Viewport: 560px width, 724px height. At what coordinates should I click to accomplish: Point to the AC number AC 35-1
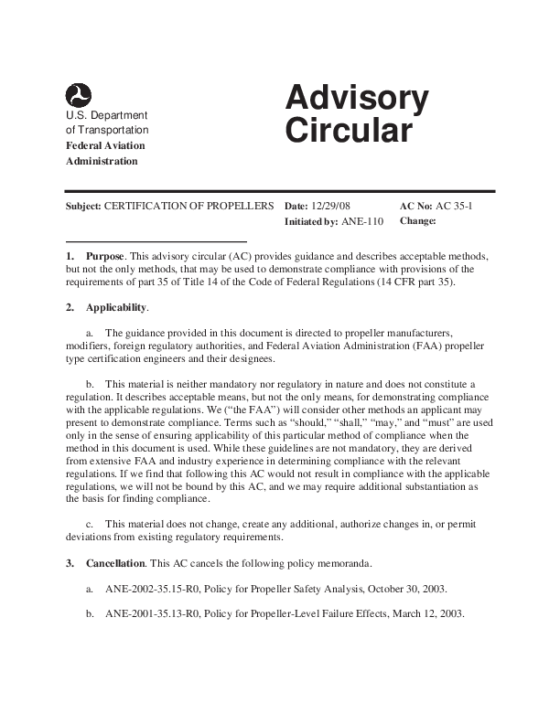tap(454, 207)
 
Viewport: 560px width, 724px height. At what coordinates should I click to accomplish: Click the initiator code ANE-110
tap(365, 221)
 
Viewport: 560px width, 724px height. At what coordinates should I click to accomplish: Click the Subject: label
tap(83, 207)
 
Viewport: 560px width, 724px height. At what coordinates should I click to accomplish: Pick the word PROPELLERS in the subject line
tap(241, 207)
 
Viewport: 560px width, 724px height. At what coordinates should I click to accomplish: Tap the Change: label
tap(418, 221)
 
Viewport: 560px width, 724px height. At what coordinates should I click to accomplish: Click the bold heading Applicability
tap(115, 307)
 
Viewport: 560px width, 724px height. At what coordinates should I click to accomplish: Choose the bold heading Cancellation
tap(114, 563)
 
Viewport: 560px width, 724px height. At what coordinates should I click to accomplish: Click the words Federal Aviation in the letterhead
tap(105, 145)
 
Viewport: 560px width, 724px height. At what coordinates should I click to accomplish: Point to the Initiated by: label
tap(311, 221)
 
